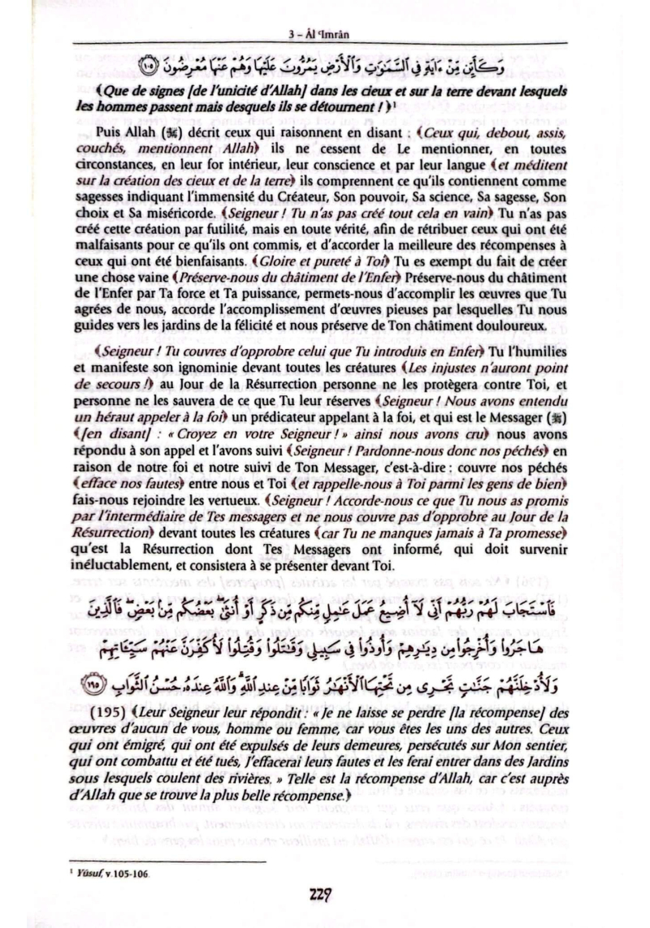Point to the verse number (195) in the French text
coord(106,723)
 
